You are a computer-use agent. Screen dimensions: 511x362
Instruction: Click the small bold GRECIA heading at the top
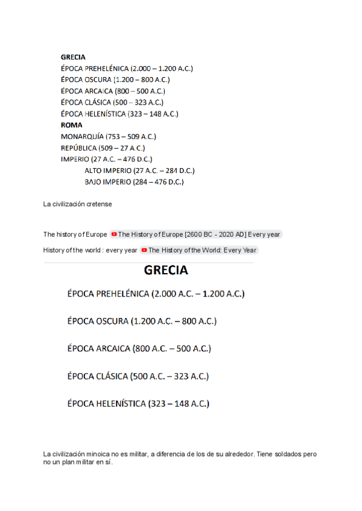tap(73, 57)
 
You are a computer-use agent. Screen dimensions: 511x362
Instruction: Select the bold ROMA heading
tap(71, 125)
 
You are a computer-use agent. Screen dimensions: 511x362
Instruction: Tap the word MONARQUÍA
tap(82, 137)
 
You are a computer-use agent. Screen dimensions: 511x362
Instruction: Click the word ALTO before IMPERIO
tap(94, 171)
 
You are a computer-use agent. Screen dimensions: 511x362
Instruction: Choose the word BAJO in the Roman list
tap(94, 182)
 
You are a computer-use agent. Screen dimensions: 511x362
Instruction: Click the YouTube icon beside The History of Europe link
tap(114, 234)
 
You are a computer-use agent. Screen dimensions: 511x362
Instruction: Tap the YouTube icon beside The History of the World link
tap(144, 250)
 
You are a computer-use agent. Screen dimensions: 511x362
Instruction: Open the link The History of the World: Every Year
tap(202, 250)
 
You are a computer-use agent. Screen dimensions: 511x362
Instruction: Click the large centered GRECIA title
tap(166, 271)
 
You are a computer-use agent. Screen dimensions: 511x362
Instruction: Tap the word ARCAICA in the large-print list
tap(113, 349)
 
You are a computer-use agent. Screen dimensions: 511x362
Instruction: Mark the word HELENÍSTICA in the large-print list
tap(120, 404)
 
